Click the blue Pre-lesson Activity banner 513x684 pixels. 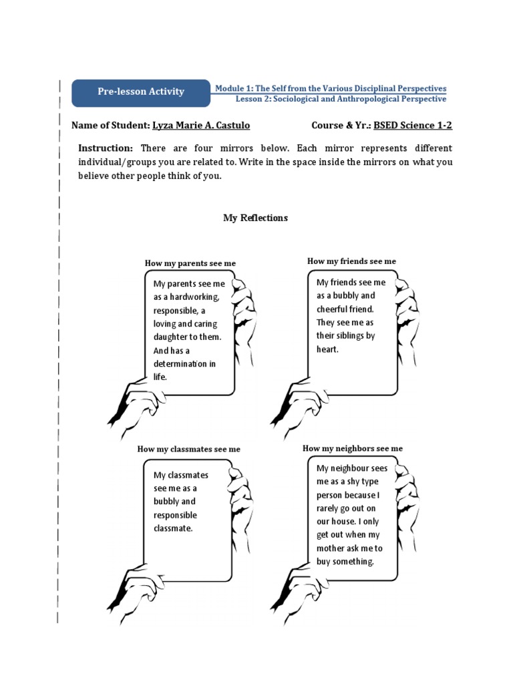pos(140,92)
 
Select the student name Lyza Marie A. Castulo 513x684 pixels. pos(201,126)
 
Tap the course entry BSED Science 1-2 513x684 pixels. pos(413,126)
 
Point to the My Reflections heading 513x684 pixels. pos(255,218)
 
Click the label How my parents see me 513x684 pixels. pos(190,264)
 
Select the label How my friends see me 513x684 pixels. pos(351,261)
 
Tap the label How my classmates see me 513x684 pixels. pos(188,450)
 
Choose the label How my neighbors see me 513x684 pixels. pos(353,448)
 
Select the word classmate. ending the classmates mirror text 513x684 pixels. pos(173,528)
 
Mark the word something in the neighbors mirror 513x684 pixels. pos(353,562)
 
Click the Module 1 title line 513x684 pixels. pos(330,88)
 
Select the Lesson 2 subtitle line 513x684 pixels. pos(341,100)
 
